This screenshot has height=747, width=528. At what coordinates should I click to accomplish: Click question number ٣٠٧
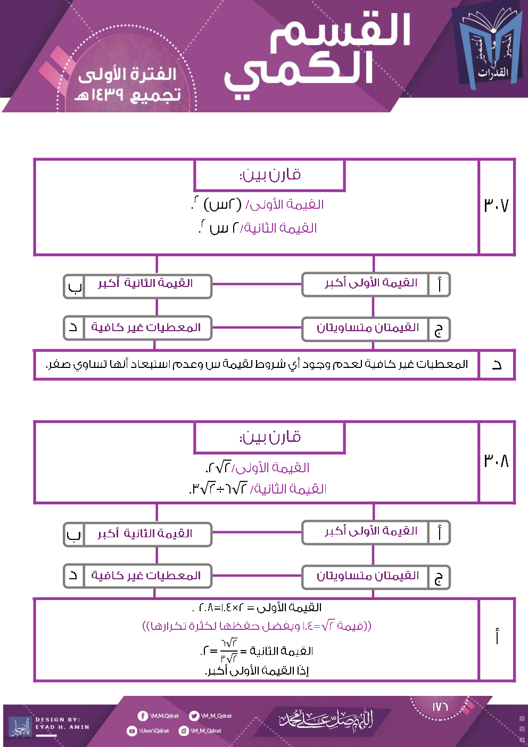pos(496,206)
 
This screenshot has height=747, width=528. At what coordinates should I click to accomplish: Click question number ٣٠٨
pos(496,461)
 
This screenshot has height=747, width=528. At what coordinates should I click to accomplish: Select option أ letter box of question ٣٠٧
pos(439,284)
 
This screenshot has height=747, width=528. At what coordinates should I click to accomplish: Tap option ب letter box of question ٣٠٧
pos(75,286)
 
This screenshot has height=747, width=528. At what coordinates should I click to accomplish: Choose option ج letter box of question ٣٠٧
pos(439,329)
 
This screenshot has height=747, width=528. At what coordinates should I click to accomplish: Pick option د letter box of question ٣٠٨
pos(74,576)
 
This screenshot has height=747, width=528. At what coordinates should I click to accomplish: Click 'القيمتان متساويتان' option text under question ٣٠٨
pos(368,576)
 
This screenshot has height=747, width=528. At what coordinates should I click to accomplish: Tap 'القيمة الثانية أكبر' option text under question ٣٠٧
pos(145,283)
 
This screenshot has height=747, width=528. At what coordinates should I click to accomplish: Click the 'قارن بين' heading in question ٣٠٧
pos(270,175)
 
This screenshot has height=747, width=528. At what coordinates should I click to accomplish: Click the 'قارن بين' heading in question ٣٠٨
pos(270,438)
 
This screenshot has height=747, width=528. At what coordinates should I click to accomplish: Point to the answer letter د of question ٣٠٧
pos(497,365)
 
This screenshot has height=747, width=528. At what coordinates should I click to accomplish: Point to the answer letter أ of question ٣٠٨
pos(497,637)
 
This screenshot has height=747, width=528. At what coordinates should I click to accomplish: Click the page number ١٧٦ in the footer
pos(440,707)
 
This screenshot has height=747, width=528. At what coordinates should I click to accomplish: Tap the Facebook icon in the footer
pos(143,716)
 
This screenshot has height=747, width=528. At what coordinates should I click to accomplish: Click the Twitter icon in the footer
pos(194,716)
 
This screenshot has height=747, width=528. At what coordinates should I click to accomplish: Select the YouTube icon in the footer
pos(132,731)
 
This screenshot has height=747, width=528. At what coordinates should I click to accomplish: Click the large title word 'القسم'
pos(341,31)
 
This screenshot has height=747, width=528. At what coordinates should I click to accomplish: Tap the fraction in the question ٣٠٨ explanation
pos(229,651)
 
